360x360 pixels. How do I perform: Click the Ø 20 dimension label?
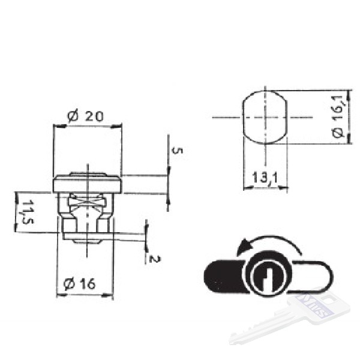click(x=85, y=116)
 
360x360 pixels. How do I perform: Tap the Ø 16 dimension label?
click(x=79, y=284)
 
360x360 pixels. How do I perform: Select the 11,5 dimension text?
click(x=28, y=212)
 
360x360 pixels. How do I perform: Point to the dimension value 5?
click(x=177, y=151)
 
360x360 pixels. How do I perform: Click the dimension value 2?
click(x=155, y=259)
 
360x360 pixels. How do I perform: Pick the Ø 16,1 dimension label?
click(x=338, y=116)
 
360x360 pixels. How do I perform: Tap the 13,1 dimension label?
click(x=265, y=178)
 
